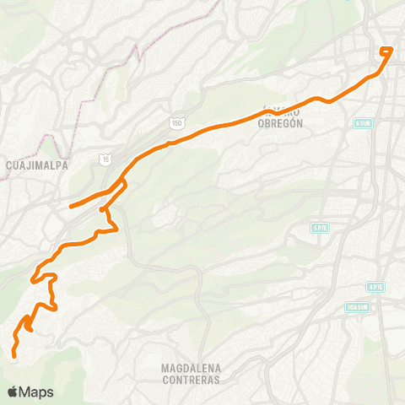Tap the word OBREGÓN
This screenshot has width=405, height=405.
281,121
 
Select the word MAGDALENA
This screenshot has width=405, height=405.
190,368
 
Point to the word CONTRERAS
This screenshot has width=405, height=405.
190,380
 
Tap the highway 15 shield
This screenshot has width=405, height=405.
104,158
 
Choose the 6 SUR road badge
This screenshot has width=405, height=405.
363,123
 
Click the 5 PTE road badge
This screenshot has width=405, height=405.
319,228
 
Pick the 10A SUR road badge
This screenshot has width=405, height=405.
357,307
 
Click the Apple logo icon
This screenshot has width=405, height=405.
13,391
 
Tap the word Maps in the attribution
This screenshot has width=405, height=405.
37,391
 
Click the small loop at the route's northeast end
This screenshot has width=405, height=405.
387,51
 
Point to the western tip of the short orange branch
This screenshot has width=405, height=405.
69,206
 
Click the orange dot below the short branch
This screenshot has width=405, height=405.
100,209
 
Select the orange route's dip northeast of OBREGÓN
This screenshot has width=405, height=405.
319,99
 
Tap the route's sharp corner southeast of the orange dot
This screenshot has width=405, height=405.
115,228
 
